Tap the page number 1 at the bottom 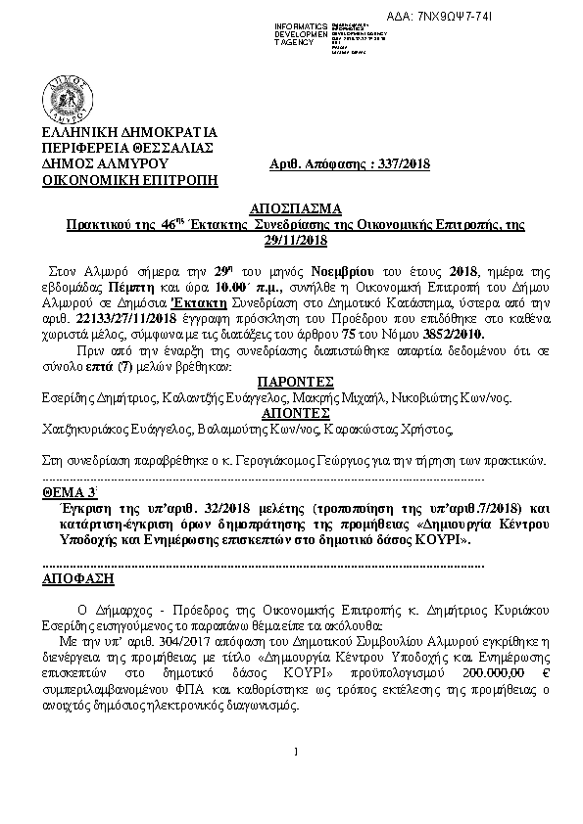click(x=295, y=752)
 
